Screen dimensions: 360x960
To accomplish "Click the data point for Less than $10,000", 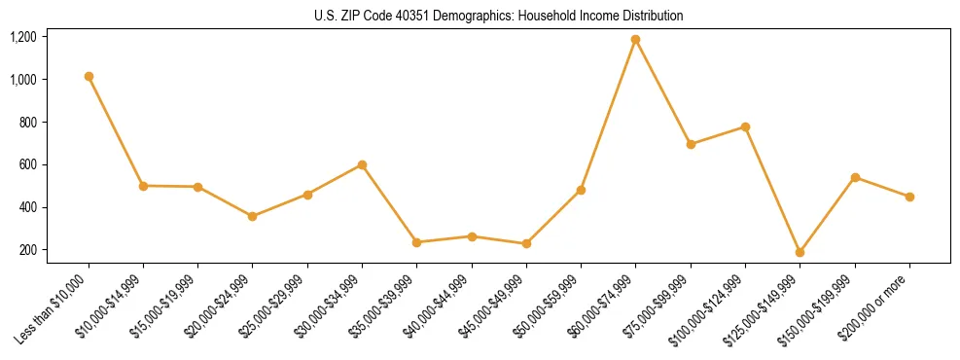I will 89,76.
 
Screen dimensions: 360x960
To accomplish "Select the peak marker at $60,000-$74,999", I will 636,40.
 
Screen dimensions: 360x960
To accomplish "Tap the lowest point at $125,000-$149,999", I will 800,252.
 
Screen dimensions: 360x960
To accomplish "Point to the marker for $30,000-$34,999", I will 363,164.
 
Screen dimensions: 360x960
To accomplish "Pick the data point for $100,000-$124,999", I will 745,126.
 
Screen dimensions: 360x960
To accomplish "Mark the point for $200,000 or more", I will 909,197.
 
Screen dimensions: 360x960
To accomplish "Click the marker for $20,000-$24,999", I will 253,216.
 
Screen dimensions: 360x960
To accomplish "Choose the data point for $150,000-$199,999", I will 855,177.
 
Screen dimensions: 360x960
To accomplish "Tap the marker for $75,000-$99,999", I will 691,144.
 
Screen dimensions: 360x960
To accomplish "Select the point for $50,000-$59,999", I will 581,190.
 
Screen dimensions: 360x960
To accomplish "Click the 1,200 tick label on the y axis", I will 22,37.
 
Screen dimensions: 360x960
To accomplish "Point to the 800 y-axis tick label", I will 27,123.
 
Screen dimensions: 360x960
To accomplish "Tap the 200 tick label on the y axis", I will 27,250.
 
